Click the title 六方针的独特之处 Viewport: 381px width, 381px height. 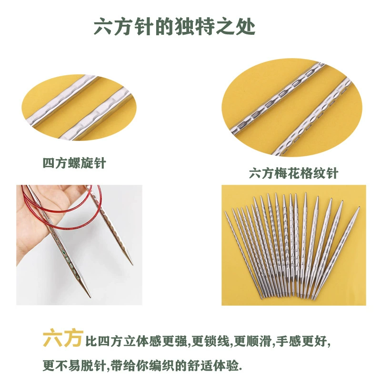point(174,26)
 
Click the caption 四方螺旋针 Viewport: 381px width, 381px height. point(74,163)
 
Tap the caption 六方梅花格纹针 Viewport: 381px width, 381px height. point(293,173)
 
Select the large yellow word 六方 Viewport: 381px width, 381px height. point(63,338)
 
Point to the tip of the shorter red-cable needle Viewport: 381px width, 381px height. point(132,264)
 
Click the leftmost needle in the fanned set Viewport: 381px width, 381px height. point(243,254)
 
